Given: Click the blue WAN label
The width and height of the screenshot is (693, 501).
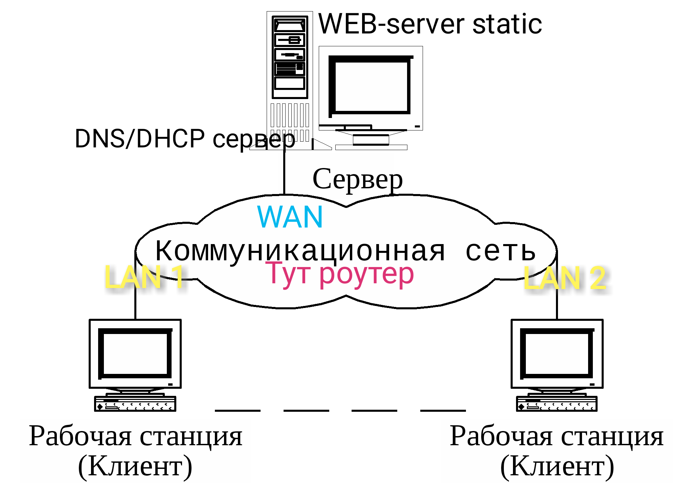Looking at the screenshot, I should click(x=290, y=217).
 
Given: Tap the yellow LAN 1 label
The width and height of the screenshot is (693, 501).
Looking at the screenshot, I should click(x=144, y=277).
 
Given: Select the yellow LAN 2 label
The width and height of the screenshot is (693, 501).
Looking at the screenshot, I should click(x=564, y=278).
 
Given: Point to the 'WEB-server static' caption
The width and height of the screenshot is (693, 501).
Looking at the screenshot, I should click(x=430, y=24).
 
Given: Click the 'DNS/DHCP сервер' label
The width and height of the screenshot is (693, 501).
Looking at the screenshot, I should click(x=184, y=139).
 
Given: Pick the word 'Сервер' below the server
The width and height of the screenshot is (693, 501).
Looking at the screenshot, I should click(x=357, y=179).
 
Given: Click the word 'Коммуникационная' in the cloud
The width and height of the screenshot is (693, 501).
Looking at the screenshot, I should click(x=300, y=251).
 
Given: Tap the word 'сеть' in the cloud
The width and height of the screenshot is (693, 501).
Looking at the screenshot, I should click(x=500, y=251).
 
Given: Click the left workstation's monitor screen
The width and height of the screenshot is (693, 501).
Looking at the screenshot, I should click(x=135, y=353).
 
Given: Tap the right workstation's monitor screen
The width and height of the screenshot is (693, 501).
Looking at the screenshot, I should click(x=557, y=353).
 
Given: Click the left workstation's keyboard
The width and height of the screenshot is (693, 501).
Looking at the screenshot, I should click(x=135, y=404).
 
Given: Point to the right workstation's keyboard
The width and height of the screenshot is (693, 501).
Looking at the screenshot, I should click(x=557, y=404).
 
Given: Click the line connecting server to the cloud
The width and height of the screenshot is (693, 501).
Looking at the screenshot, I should click(x=284, y=172).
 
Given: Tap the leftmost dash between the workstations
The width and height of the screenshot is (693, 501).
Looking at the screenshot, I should click(x=238, y=410).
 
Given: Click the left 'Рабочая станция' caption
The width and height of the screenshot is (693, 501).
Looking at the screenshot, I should click(x=135, y=436).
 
